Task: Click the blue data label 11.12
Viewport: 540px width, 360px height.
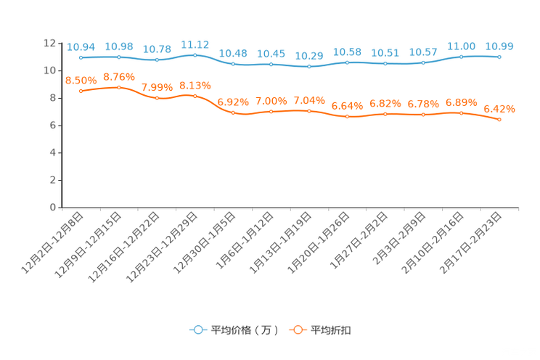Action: point(195,44)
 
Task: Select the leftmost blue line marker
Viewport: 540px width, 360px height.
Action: point(81,57)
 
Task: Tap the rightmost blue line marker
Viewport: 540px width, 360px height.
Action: point(499,57)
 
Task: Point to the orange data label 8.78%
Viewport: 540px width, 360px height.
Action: point(118,76)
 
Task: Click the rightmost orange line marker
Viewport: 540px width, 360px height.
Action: point(499,120)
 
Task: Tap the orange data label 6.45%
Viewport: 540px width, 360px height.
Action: point(499,109)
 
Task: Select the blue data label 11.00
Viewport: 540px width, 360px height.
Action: point(461,46)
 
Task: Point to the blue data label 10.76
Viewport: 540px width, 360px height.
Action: point(157,49)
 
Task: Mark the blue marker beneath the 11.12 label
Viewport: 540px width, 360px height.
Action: point(195,54)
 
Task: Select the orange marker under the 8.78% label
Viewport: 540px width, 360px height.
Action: point(119,87)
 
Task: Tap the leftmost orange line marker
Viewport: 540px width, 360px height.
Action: point(81,91)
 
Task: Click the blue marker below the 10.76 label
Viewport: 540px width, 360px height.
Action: point(157,60)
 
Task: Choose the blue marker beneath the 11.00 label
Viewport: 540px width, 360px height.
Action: point(461,57)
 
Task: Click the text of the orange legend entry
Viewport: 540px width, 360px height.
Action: point(332,330)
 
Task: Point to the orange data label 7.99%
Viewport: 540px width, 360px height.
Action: point(157,87)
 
